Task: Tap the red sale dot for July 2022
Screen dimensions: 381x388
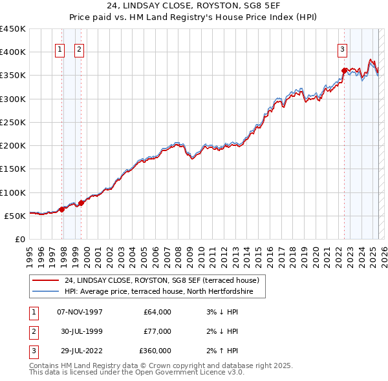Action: pos(344,70)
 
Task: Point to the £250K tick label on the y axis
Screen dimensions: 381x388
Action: pos(13,122)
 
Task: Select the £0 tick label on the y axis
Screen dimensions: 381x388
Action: pos(19,239)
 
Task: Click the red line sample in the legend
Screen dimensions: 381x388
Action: pos(45,280)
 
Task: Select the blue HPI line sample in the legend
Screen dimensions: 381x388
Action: pos(45,292)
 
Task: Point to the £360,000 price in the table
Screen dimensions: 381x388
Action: pos(155,351)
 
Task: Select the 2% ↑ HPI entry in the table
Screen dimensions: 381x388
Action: pos(221,351)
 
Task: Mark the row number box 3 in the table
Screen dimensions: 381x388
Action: pos(33,351)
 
